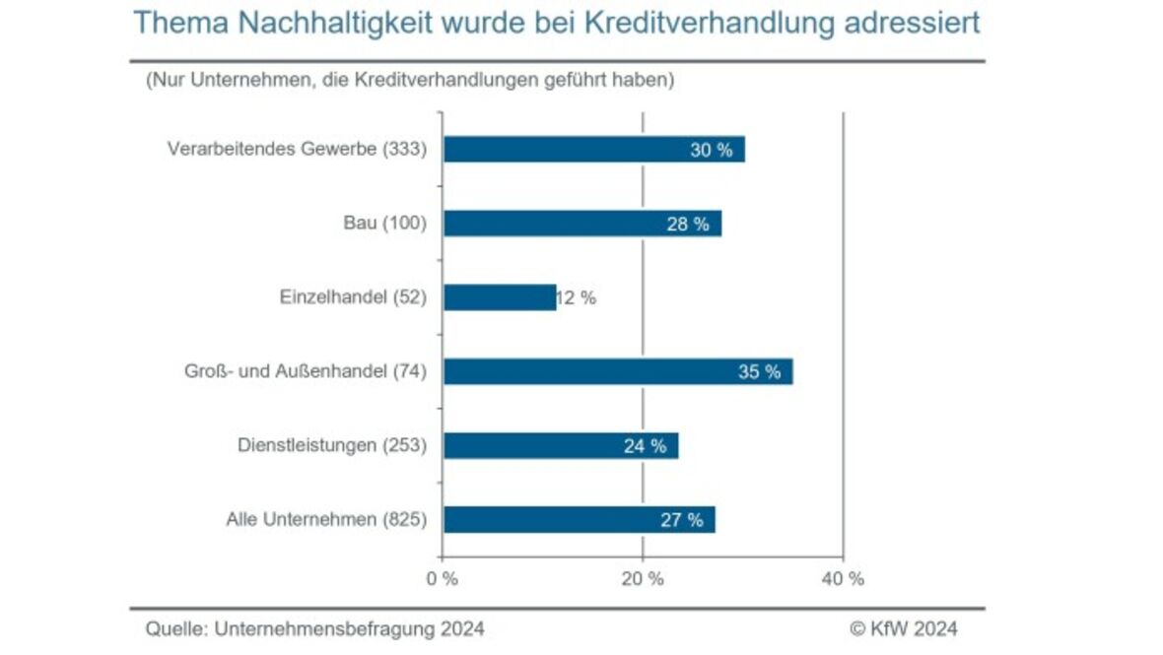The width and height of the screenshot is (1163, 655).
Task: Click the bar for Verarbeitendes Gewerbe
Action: pyautogui.click(x=593, y=150)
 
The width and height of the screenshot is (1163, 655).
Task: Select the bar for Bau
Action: pyautogui.click(x=581, y=224)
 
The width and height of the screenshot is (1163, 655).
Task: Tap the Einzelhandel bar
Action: pyautogui.click(x=500, y=297)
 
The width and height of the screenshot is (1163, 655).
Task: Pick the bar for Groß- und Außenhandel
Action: pyautogui.click(x=617, y=371)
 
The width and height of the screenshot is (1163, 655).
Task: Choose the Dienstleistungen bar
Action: pyautogui.click(x=560, y=445)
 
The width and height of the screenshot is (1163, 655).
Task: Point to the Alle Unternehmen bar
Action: pyautogui.click(x=579, y=520)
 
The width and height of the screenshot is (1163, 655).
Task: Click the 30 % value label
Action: pyautogui.click(x=712, y=150)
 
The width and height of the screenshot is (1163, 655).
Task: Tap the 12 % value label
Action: pyautogui.click(x=577, y=298)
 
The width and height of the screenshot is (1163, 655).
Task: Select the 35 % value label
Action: pyautogui.click(x=759, y=372)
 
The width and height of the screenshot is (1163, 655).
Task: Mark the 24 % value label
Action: pyautogui.click(x=645, y=446)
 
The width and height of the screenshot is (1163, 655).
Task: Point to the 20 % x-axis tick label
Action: pyautogui.click(x=643, y=579)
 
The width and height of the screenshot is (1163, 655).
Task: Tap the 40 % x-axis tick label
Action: pyautogui.click(x=843, y=579)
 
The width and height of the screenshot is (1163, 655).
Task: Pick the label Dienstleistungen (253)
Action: pyautogui.click(x=332, y=445)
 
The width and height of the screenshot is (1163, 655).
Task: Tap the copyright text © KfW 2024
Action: pyautogui.click(x=903, y=628)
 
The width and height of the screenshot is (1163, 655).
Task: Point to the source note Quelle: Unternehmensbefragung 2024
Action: pyautogui.click(x=315, y=628)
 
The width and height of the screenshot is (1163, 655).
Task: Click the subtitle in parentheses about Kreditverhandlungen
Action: pyautogui.click(x=410, y=80)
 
